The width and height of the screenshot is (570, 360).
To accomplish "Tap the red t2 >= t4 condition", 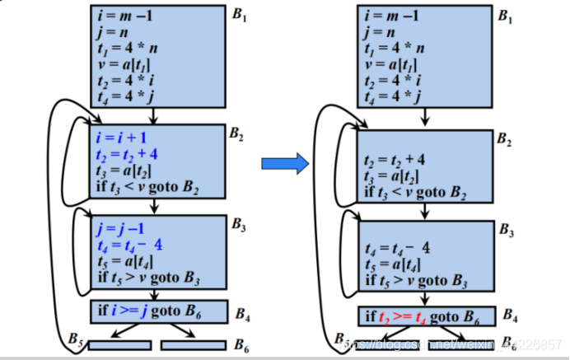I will tap(404, 316).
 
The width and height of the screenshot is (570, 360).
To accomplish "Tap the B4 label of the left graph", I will tap(243, 314).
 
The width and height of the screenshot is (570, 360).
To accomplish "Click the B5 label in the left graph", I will tap(76, 339).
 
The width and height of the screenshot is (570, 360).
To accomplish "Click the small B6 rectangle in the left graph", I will tap(193, 344).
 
